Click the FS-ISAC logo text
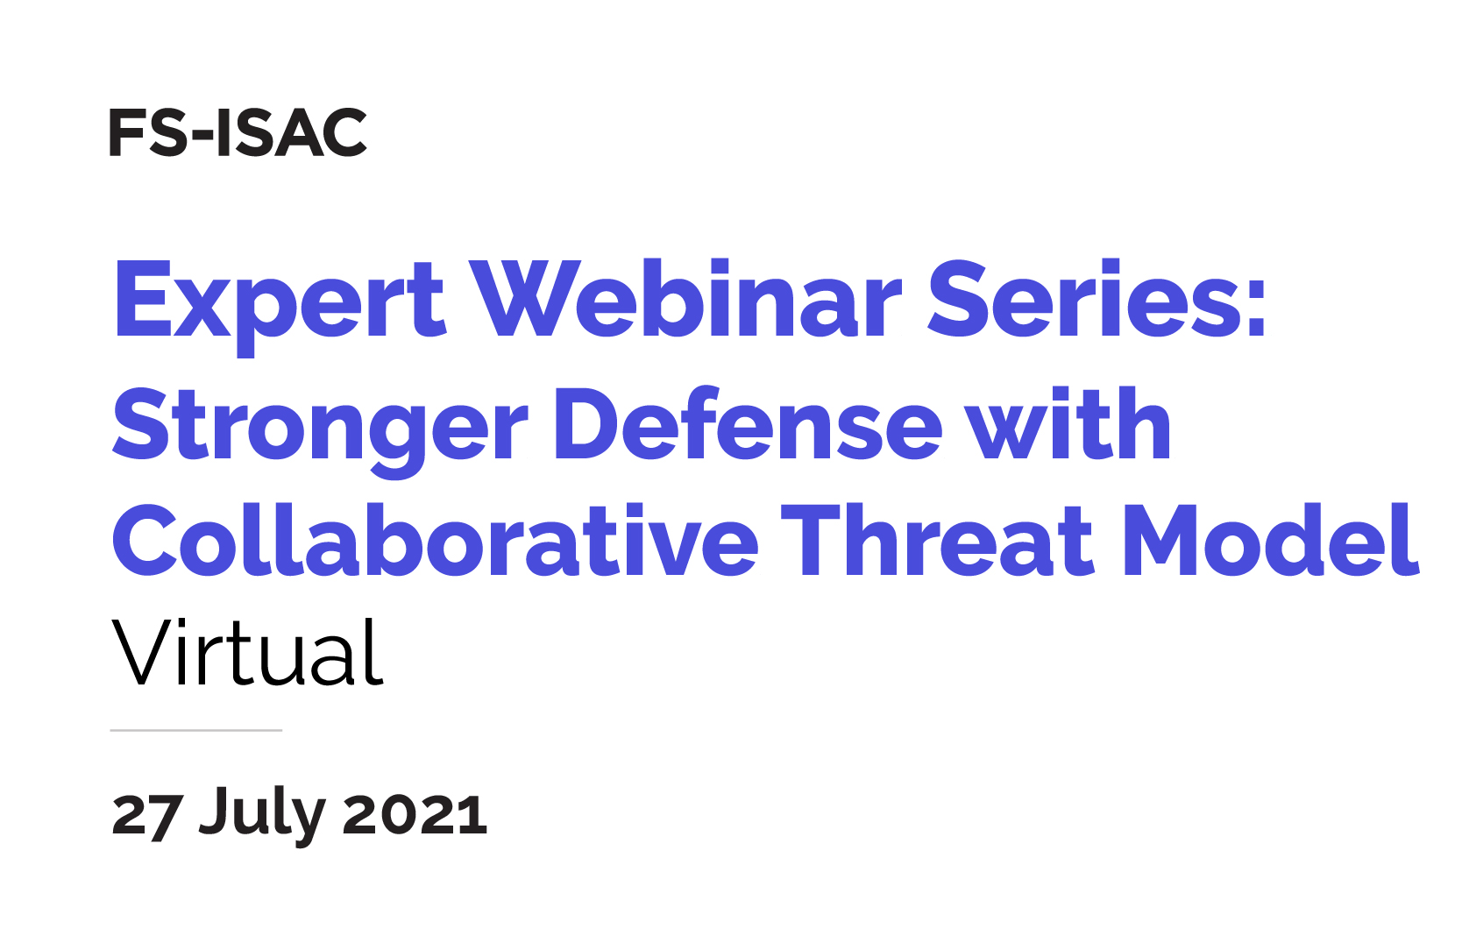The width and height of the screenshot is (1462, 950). (238, 133)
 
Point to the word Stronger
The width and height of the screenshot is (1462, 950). (320, 427)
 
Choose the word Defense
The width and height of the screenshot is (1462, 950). (749, 425)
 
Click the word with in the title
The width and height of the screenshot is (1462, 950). (1068, 425)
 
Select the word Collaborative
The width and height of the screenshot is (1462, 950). (435, 541)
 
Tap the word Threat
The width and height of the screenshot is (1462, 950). (937, 541)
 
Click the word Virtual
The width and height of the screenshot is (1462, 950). (248, 653)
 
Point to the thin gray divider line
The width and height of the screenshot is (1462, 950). (196, 730)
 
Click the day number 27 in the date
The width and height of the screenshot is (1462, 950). (148, 815)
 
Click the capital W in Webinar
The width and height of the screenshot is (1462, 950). (524, 300)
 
